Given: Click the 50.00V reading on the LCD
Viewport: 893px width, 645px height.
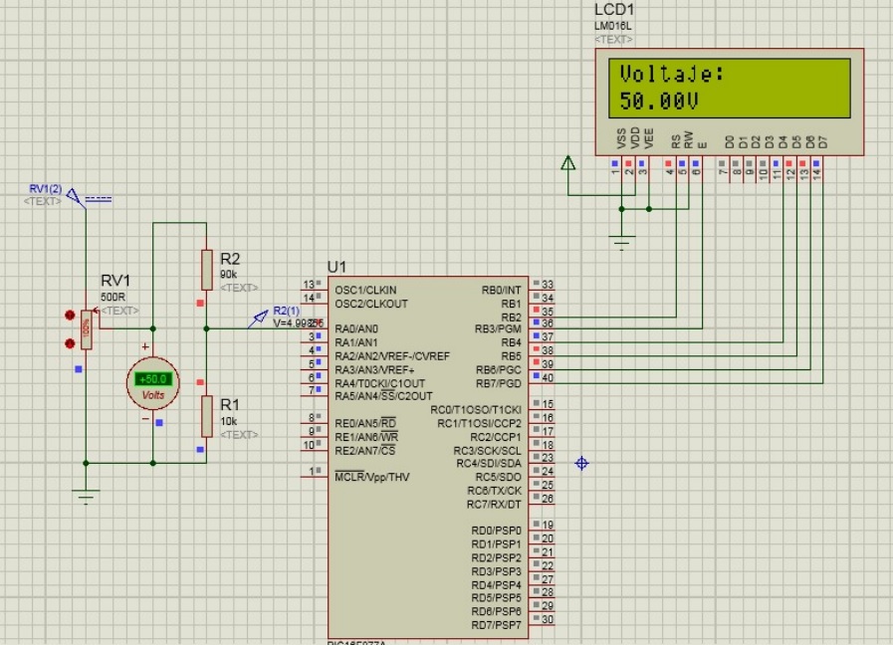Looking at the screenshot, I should [658, 101].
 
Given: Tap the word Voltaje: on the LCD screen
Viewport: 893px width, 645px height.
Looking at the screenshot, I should [671, 74].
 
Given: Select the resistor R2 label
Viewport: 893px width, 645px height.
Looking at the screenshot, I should [230, 259].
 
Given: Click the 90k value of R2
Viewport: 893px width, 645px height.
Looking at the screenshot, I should [229, 274].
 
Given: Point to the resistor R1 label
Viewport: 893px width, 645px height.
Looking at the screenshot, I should [230, 405].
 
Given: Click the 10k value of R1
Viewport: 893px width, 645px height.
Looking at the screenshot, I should [229, 421].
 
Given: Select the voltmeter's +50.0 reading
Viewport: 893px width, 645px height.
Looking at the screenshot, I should [154, 379].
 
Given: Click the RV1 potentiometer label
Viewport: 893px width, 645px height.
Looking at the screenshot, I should [116, 282].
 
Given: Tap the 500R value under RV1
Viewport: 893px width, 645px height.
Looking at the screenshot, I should [112, 297].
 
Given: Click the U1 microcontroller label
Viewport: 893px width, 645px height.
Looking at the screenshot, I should [336, 267].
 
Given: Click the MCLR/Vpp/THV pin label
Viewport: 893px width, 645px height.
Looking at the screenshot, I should [371, 477].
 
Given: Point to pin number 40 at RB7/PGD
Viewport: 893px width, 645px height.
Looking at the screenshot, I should [548, 377].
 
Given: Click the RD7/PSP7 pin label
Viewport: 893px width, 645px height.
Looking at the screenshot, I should [496, 624].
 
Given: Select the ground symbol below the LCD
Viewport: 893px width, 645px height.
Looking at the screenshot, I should [622, 241].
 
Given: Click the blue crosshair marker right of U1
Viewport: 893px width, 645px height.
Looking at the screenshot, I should [582, 463].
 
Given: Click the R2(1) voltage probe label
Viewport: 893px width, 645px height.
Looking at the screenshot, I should [286, 311].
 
